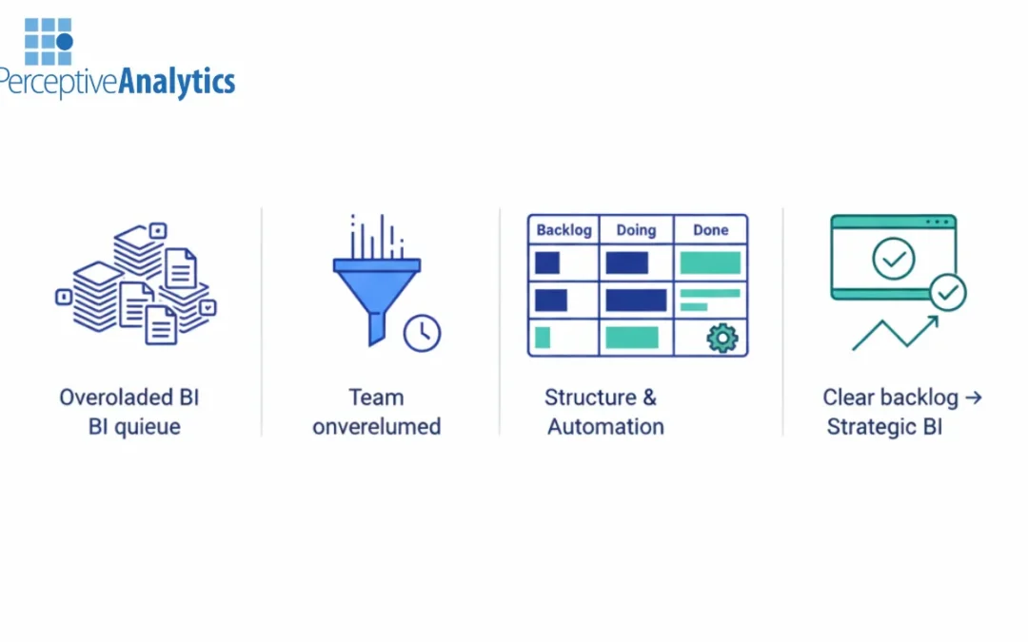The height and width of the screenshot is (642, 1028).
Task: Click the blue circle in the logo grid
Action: pyautogui.click(x=65, y=42)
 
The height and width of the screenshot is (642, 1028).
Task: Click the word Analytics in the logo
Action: pyautogui.click(x=177, y=83)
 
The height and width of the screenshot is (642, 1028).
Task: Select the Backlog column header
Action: pyautogui.click(x=563, y=230)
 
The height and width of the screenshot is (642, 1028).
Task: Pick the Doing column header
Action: pyautogui.click(x=636, y=230)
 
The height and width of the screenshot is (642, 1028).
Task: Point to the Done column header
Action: pyautogui.click(x=710, y=230)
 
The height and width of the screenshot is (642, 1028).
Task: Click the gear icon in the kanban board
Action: pyautogui.click(x=722, y=338)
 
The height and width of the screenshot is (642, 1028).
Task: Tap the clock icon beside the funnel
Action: pyautogui.click(x=422, y=333)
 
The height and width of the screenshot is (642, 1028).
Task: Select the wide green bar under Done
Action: pyautogui.click(x=710, y=263)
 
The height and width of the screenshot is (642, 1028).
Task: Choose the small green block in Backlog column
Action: pyautogui.click(x=543, y=337)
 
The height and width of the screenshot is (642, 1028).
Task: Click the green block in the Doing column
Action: pyautogui.click(x=632, y=337)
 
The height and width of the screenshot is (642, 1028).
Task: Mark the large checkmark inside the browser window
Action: pyautogui.click(x=894, y=258)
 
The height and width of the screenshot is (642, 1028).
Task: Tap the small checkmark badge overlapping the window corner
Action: pyautogui.click(x=947, y=293)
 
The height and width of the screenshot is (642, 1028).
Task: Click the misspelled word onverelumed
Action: pyautogui.click(x=377, y=426)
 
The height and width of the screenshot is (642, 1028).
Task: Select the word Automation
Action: pyautogui.click(x=605, y=426)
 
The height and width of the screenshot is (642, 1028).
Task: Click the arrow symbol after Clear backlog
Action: pyautogui.click(x=972, y=398)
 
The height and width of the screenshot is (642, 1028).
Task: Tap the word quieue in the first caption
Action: pyautogui.click(x=148, y=426)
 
